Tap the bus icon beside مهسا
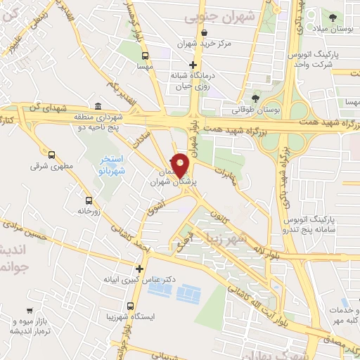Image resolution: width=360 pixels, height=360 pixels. tap(145, 56)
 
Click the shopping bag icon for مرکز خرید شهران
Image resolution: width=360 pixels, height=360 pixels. tap(203, 32)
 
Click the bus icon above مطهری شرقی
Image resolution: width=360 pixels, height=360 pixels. tap(51, 154)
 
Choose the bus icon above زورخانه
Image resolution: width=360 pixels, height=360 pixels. tap(88, 199)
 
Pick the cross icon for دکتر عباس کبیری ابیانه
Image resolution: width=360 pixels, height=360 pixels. tap(139, 269)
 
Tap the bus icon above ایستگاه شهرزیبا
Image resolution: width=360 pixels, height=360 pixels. tap(130, 306)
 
